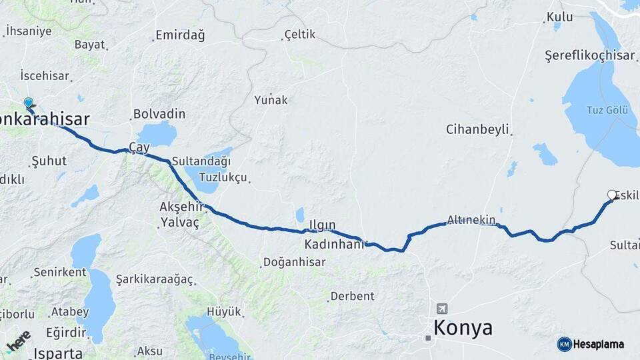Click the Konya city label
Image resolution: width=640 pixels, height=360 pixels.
[463, 328]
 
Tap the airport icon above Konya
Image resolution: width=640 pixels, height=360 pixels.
[441, 309]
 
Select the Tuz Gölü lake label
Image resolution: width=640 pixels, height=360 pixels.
[607, 110]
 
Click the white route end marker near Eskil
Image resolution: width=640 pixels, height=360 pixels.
[612, 195]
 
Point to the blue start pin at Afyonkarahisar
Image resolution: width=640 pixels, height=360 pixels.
[29, 103]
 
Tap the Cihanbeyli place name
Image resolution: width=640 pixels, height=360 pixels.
[477, 129]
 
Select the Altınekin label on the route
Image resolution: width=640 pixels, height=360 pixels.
[471, 219]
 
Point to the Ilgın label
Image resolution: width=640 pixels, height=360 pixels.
[321, 225]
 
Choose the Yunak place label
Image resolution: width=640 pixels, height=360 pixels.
[271, 100]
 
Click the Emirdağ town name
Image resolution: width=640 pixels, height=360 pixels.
[180, 35]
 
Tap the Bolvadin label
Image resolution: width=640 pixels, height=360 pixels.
[159, 114]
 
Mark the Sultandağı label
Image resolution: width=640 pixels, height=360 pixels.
[201, 161]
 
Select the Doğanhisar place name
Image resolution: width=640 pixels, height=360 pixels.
[294, 262]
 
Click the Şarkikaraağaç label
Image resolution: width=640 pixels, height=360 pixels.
[154, 279]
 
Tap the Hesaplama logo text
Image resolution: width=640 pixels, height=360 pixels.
[598, 344]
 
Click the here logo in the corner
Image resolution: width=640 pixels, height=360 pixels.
[19, 341]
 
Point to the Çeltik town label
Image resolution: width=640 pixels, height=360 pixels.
[299, 34]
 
